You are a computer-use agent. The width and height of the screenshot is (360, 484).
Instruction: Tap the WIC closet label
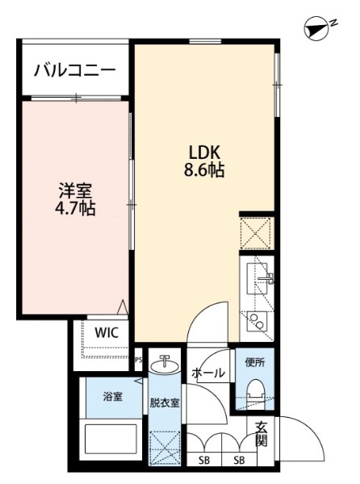point(107,332)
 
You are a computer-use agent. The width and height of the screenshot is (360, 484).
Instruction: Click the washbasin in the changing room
point(165,368)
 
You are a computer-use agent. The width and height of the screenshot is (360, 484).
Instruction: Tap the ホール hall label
point(208,373)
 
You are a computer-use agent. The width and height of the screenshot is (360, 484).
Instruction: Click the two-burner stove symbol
point(259,322)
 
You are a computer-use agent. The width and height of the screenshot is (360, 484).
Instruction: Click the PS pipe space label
point(139,361)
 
